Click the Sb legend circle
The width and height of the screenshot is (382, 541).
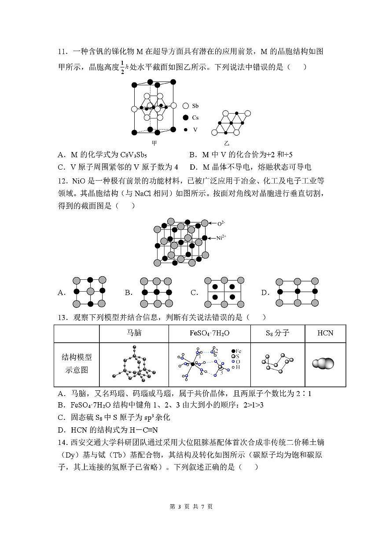point(185,106)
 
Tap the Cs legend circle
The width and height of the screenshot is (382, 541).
point(185,118)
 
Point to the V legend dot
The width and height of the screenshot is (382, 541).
point(185,130)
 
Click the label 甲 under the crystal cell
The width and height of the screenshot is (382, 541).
point(154,143)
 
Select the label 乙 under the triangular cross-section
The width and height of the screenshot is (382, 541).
point(227,143)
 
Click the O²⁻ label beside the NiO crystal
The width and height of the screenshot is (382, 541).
point(221,224)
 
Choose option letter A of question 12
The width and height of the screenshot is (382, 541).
point(61,293)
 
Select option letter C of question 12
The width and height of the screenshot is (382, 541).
point(194,293)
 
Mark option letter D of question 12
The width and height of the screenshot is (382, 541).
point(264,293)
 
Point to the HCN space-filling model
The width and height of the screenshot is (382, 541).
point(323,363)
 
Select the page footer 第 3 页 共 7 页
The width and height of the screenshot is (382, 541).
point(191,507)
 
